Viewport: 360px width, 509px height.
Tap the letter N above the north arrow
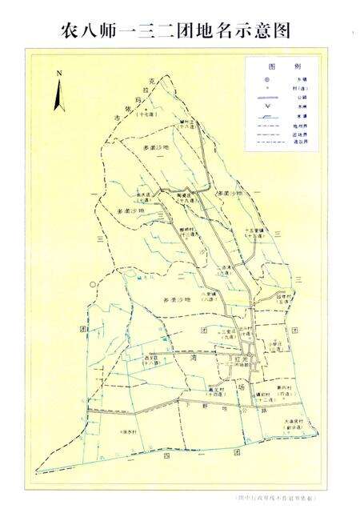[59, 74]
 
